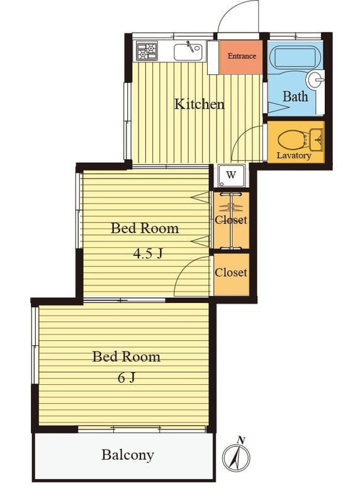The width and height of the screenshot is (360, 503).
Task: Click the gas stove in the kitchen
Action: pyautogui.click(x=147, y=51)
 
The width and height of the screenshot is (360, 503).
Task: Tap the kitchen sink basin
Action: pyautogui.click(x=188, y=52)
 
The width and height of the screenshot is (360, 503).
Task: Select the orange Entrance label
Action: pyautogui.click(x=242, y=56)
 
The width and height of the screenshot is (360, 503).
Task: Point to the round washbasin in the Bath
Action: pyautogui.click(x=315, y=79)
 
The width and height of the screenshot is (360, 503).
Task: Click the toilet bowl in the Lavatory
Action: pyautogui.click(x=291, y=140)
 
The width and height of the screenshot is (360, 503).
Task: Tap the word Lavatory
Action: pyautogui.click(x=294, y=156)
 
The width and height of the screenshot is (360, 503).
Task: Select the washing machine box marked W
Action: pyautogui.click(x=231, y=175)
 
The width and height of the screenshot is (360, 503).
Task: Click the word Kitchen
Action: pyautogui.click(x=199, y=104)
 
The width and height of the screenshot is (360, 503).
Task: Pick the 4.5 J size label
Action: pyautogui.click(x=149, y=254)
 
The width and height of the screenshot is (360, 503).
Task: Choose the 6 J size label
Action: pyautogui.click(x=127, y=378)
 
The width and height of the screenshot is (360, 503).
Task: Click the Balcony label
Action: pyautogui.click(x=128, y=455)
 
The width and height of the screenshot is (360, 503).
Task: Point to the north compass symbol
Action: pyautogui.click(x=237, y=455)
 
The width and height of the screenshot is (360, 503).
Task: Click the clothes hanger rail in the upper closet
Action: pyautogui.click(x=231, y=221)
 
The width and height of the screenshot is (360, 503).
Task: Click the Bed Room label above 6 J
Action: pyautogui.click(x=127, y=357)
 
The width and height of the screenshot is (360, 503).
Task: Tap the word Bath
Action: pyautogui.click(x=295, y=96)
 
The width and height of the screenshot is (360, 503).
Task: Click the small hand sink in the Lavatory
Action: pyautogui.click(x=316, y=140)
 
